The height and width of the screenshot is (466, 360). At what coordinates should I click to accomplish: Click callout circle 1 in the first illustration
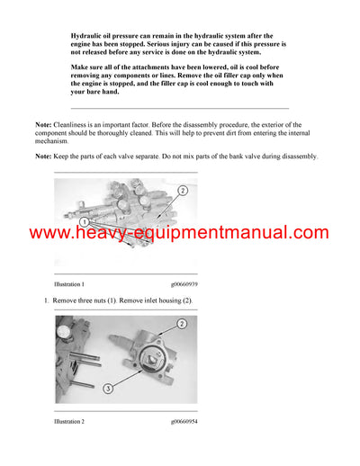[83, 220]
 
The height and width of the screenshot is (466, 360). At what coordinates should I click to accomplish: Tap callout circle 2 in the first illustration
[182, 191]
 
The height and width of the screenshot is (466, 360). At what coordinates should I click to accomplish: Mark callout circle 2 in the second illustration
[181, 324]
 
